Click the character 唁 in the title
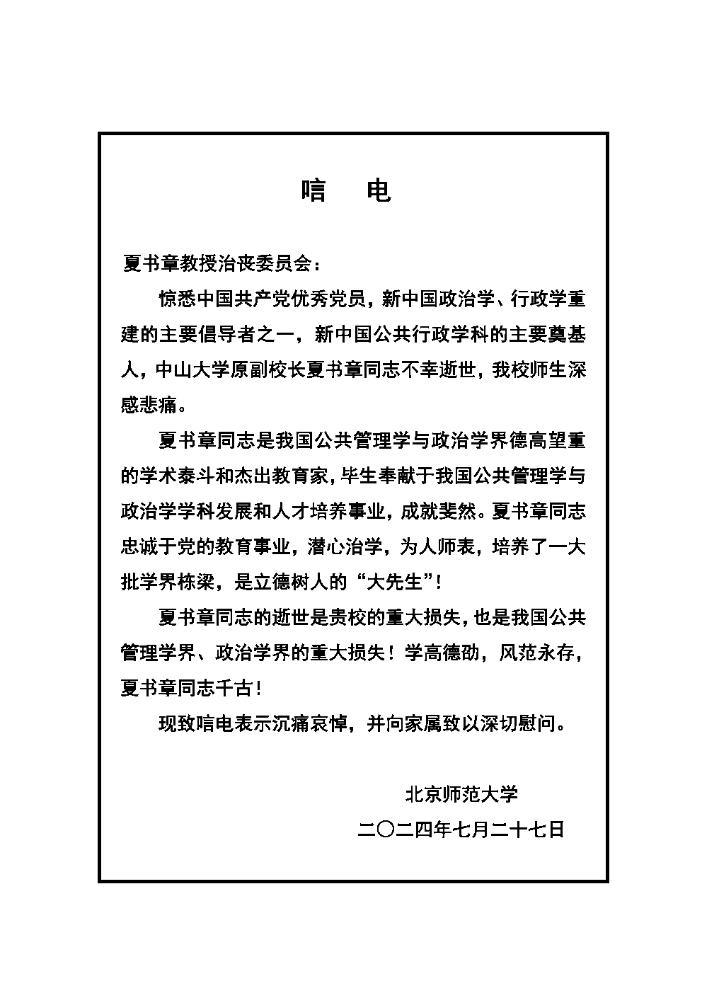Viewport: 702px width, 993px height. tap(313, 190)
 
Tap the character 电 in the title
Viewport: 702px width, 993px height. tap(379, 190)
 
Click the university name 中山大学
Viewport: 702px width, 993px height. tap(187, 370)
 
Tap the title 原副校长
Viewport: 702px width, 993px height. tap(263, 370)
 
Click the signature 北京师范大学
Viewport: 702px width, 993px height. tap(461, 794)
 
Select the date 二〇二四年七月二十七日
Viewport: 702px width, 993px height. tap(461, 830)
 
